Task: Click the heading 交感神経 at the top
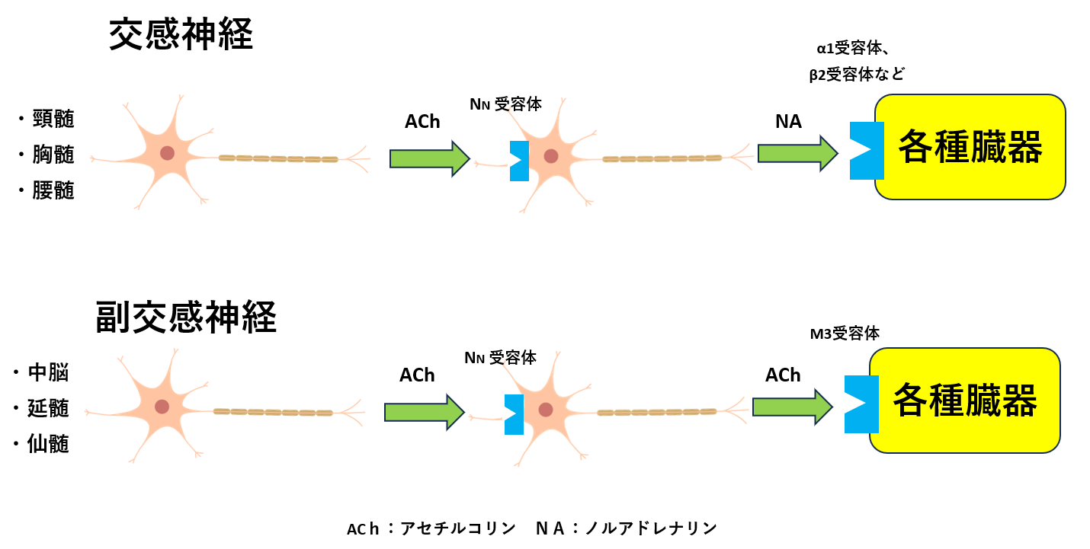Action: (181, 35)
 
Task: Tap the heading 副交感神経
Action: (185, 317)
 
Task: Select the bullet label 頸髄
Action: (53, 119)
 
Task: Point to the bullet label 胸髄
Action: (53, 155)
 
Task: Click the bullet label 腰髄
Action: (53, 190)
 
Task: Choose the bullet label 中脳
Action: (48, 372)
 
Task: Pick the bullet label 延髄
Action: (48, 408)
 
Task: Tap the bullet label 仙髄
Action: (48, 444)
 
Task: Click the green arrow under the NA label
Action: (797, 154)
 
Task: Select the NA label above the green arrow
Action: (788, 121)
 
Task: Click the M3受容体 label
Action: (845, 333)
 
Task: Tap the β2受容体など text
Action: (857, 75)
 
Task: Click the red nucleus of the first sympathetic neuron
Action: (167, 153)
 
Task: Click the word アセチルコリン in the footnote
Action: (458, 528)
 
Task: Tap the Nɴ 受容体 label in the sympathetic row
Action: (505, 104)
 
